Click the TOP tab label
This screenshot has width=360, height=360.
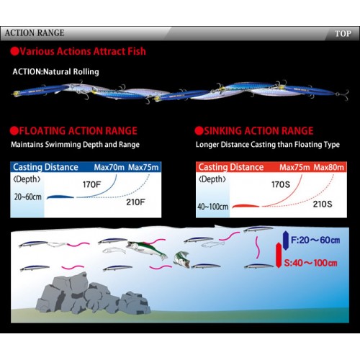click(343, 34)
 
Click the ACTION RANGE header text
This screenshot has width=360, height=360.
click(35, 33)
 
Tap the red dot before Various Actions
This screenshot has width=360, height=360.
click(14, 51)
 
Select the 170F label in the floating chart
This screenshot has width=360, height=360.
click(91, 184)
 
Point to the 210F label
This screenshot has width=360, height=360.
click(135, 202)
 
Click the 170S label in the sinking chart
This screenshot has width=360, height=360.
click(281, 184)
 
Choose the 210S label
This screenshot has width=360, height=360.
click(323, 204)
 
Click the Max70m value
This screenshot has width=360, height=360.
click(109, 167)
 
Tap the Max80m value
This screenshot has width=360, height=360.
click(329, 167)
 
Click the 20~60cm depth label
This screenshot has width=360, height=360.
click(28, 197)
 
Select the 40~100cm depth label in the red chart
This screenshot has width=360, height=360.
click(213, 207)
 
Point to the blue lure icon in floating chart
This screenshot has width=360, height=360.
click(60, 197)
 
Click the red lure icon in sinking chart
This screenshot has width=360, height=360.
click(246, 206)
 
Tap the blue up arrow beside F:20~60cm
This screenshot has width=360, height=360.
click(286, 240)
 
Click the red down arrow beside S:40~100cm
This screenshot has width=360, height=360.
click(279, 256)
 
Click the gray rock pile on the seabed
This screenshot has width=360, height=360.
click(93, 294)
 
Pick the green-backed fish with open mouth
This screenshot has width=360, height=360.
click(147, 249)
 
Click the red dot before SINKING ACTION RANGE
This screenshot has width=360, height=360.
click(199, 131)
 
